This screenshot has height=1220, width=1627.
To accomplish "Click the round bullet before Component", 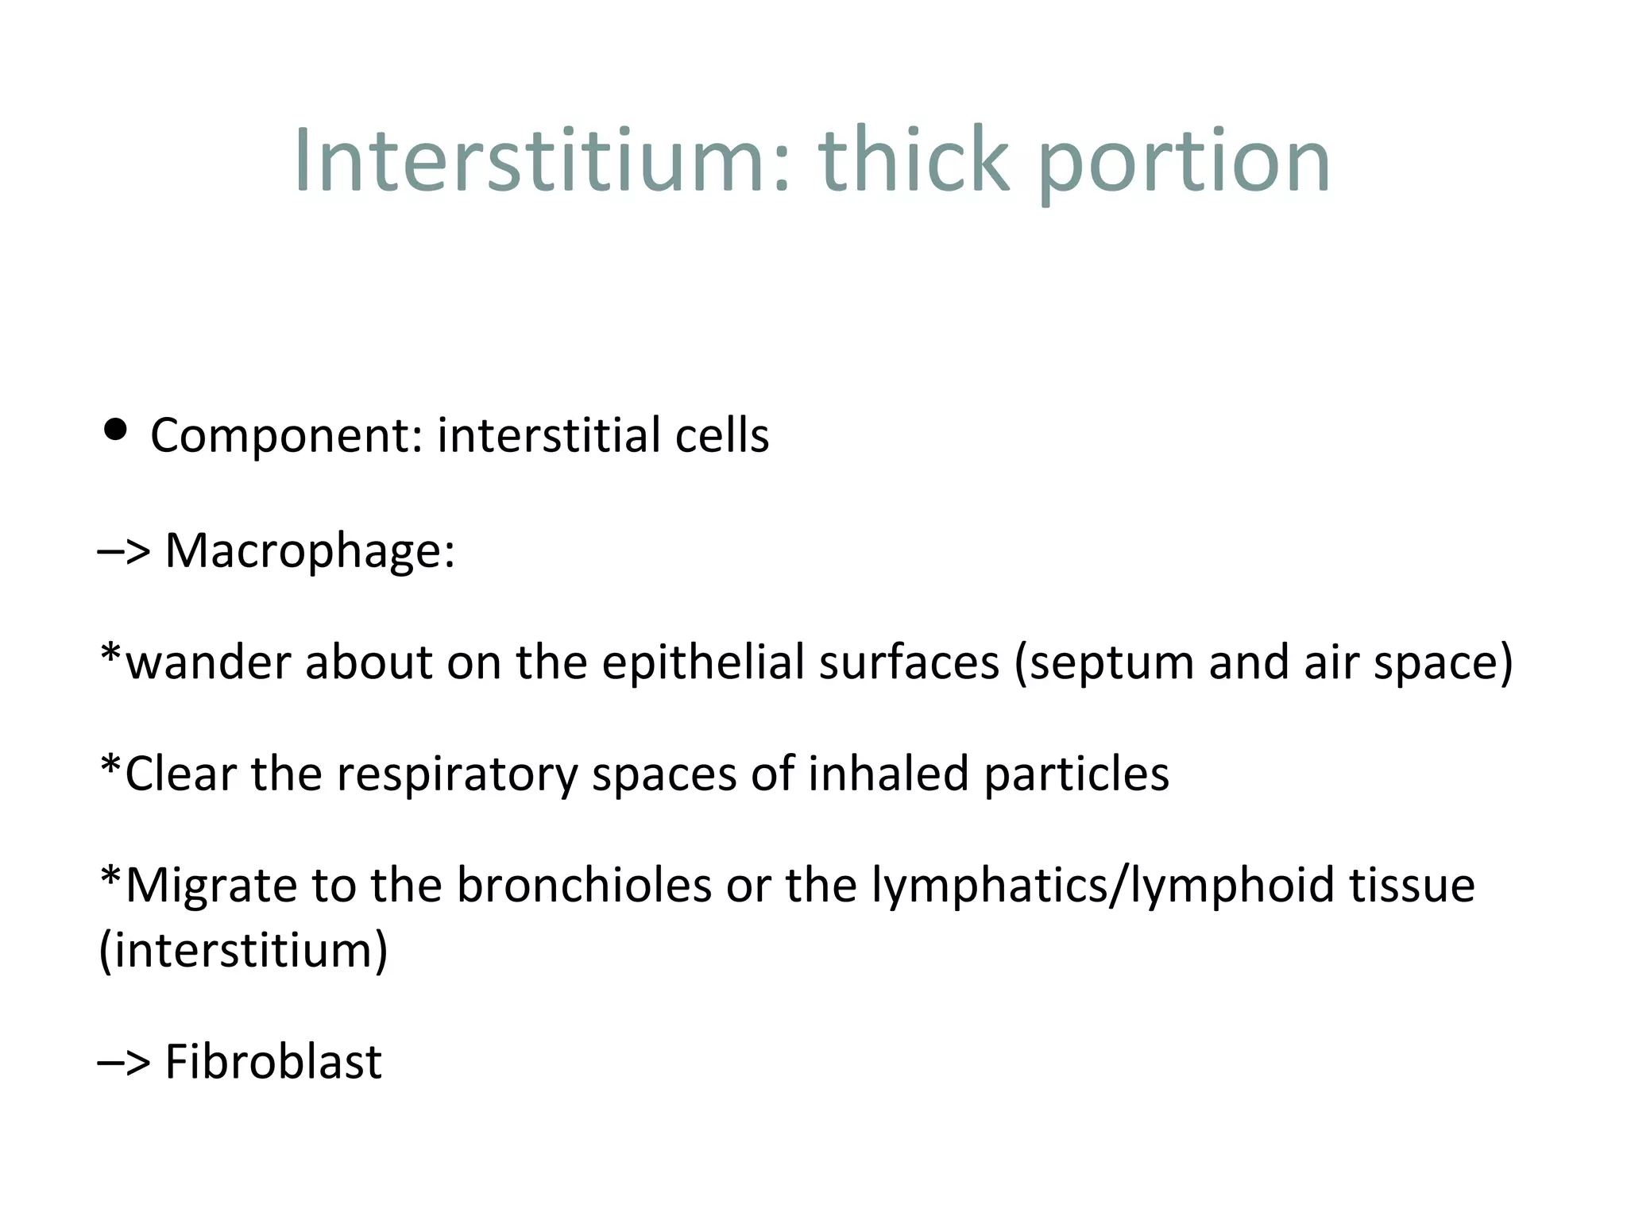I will pyautogui.click(x=116, y=430).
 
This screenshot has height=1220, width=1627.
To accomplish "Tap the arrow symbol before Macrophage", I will pyautogui.click(x=124, y=550).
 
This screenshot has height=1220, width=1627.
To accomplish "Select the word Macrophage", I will pyautogui.click(x=310, y=550).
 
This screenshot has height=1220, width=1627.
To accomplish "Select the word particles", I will pyautogui.click(x=1076, y=774).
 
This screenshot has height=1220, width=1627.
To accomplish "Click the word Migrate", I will pyautogui.click(x=211, y=886).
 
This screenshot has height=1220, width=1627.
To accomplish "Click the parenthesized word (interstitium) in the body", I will pyautogui.click(x=243, y=951).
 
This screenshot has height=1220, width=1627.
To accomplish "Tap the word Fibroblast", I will pyautogui.click(x=273, y=1062).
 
